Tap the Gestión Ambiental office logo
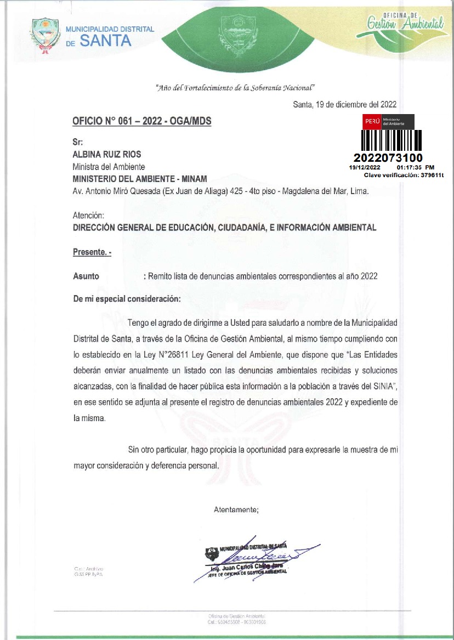[x=405, y=22]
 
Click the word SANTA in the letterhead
[x=106, y=41]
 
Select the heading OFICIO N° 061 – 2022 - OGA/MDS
[x=141, y=121]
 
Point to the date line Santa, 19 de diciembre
[x=345, y=104]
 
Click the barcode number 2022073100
[x=388, y=158]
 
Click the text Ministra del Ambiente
[x=109, y=166]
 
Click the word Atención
[x=88, y=216]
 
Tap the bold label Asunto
[x=86, y=276]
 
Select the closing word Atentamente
[x=236, y=509]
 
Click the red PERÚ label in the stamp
[x=372, y=120]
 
